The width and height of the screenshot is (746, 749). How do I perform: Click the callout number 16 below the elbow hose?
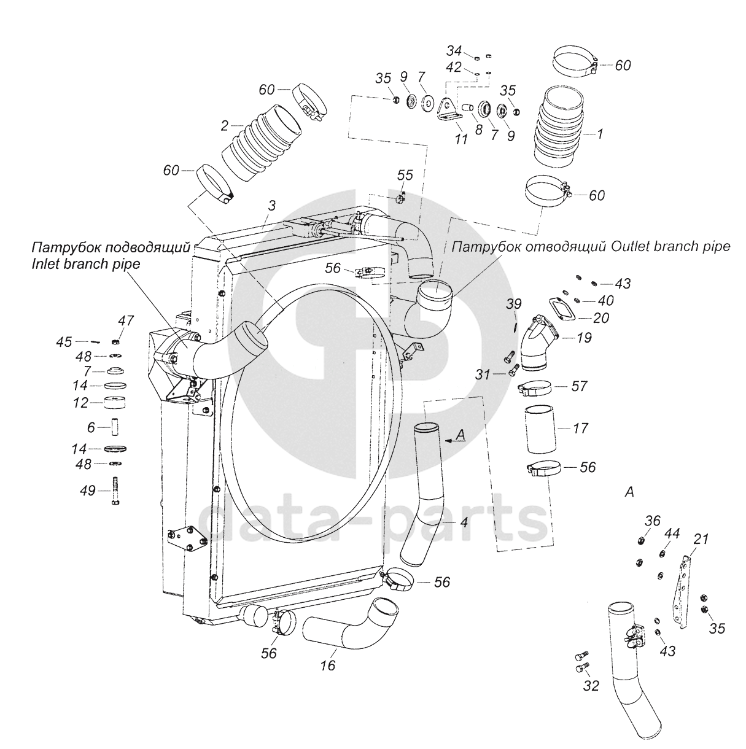tap(328, 665)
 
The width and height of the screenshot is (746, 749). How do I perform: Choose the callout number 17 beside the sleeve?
tap(580, 428)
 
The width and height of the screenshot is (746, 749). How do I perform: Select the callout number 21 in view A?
tap(701, 539)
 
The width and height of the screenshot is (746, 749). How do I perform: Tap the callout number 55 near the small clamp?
tap(405, 175)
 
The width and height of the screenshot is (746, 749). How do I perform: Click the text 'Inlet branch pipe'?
tap(86, 264)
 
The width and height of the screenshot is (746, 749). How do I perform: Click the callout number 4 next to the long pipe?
tap(464, 522)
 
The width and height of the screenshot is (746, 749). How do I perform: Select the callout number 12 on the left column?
tap(80, 403)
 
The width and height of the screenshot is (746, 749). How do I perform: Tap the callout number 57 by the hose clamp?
tap(579, 386)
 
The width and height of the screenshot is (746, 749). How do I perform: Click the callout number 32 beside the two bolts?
tap(591, 686)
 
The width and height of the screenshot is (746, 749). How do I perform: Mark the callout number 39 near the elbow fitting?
tap(513, 304)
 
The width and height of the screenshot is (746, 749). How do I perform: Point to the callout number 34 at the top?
tap(454, 50)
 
